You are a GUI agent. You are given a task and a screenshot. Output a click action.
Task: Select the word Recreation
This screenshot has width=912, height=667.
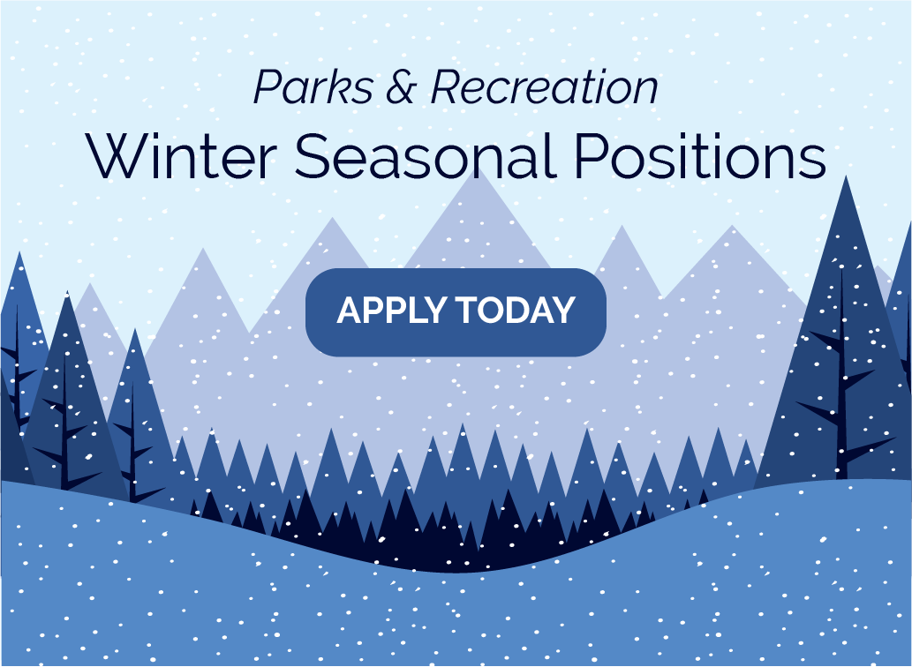click(544, 87)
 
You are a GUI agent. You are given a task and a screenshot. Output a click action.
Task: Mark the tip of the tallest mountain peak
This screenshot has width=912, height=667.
click(481, 169)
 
